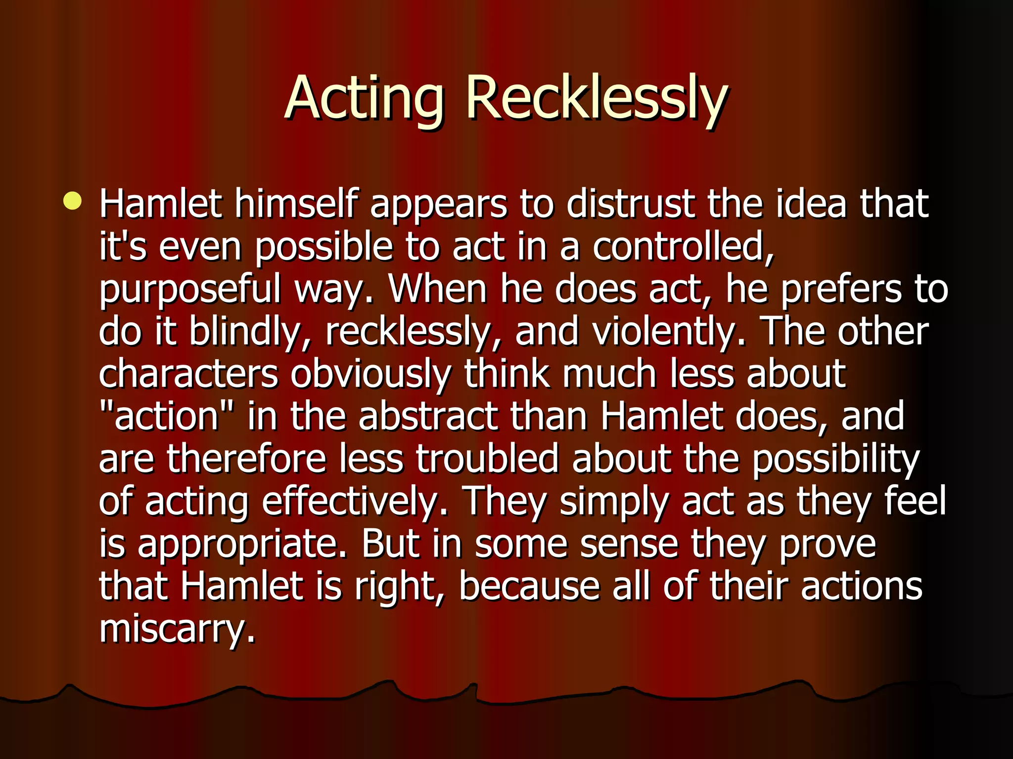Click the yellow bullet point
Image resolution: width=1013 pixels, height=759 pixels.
72,201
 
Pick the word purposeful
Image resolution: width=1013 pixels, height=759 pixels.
190,289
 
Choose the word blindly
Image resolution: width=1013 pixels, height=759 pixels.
250,332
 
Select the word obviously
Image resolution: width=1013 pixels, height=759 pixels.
371,375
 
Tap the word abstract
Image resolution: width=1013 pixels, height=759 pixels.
428,416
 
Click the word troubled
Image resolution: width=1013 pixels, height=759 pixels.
487,459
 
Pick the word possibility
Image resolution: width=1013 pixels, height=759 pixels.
835,460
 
